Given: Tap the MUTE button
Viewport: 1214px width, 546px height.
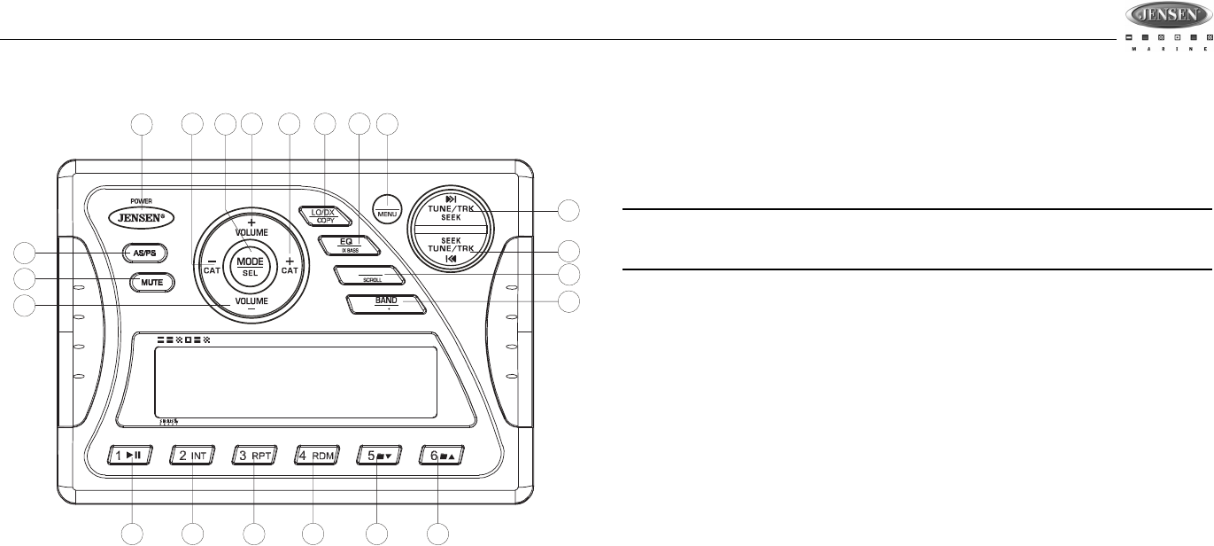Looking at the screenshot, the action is (x=152, y=283).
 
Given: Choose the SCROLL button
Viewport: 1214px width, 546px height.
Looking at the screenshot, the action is (x=370, y=277).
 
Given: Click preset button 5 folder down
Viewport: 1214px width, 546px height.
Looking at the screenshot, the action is (x=379, y=456).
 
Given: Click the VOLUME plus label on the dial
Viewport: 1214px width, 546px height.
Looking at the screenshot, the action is (x=251, y=225).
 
